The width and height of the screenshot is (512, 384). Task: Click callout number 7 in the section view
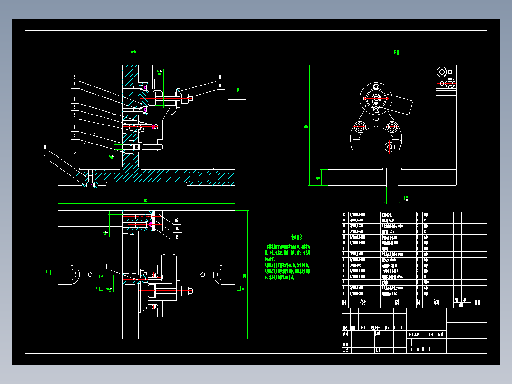click(x=74, y=99)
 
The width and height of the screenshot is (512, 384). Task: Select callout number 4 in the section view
click(x=74, y=128)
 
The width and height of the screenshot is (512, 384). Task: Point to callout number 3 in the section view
click(x=74, y=135)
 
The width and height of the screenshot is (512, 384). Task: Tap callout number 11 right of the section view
click(x=220, y=85)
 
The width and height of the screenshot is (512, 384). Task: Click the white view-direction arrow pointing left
click(x=236, y=99)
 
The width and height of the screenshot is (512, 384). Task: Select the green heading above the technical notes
click(x=297, y=236)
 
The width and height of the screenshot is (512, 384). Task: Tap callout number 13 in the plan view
click(x=177, y=236)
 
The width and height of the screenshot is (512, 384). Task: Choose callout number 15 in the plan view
click(x=177, y=221)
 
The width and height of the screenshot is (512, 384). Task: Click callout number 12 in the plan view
click(x=106, y=266)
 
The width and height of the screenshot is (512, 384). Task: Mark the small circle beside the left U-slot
click(x=90, y=274)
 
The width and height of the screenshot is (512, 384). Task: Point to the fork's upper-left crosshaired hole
click(x=360, y=127)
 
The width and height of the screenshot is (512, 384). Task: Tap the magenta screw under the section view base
click(x=89, y=185)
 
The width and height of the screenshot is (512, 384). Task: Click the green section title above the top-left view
click(x=133, y=51)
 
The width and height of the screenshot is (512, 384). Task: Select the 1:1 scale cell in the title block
click(x=441, y=342)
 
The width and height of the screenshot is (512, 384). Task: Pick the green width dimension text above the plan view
click(x=145, y=200)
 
